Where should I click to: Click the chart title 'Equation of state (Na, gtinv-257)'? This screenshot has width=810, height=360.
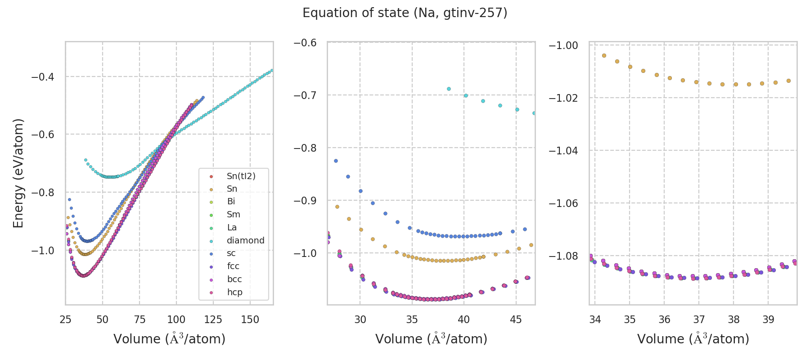tap(405, 13)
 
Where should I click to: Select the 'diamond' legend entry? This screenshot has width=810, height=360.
tap(245, 240)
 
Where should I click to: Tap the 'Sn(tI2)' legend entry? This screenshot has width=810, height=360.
tap(241, 176)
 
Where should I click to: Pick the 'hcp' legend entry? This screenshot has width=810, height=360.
tap(234, 292)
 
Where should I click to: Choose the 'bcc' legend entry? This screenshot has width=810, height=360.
tap(234, 279)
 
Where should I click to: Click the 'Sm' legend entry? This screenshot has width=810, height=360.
tap(233, 215)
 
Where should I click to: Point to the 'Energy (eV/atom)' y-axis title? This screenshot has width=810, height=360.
tap(18, 173)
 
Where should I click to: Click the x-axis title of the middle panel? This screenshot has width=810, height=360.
tap(431, 339)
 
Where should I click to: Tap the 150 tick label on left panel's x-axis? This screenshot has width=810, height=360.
tap(250, 319)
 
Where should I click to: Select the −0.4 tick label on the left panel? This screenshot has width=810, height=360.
tap(42, 76)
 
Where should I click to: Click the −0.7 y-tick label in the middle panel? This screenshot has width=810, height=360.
tap(305, 95)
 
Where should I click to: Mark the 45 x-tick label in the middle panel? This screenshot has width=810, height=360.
tap(516, 319)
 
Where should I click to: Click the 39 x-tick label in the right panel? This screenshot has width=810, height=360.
tap(768, 319)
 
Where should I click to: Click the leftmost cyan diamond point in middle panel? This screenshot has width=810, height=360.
tap(449, 89)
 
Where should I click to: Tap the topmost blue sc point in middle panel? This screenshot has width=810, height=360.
tap(336, 161)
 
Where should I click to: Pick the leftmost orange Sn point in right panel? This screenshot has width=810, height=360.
tap(604, 55)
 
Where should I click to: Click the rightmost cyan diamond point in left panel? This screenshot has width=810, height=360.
tap(271, 70)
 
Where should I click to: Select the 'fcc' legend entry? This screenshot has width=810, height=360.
tap(233, 266)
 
